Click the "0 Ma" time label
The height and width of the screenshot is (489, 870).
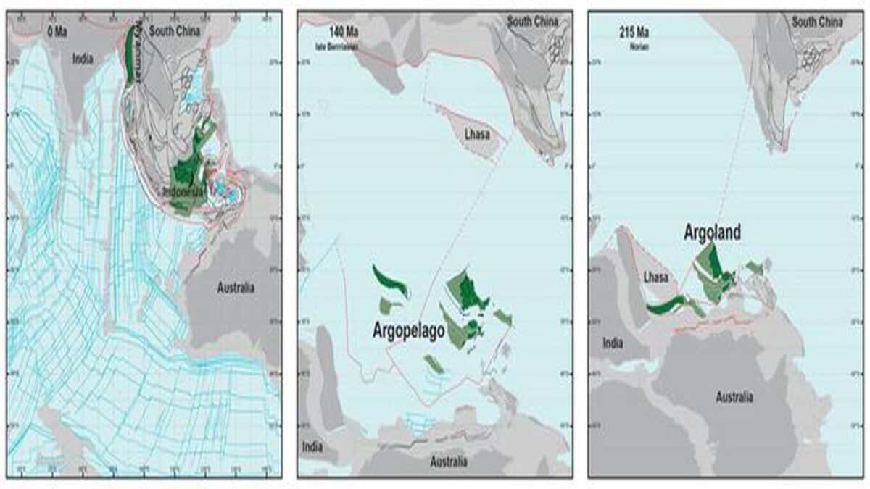(x=57, y=32)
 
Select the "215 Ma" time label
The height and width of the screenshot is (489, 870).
(x=629, y=33)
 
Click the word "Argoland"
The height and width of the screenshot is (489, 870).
(x=713, y=233)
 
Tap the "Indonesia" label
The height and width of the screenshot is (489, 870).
(x=186, y=192)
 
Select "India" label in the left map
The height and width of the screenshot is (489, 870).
(x=83, y=59)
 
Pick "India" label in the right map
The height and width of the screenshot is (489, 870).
(x=613, y=343)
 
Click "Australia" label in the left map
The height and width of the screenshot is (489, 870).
(x=236, y=288)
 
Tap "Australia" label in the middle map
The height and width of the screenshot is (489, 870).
(x=449, y=461)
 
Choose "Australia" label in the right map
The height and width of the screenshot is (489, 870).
(x=734, y=397)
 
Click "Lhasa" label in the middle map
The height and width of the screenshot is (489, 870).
(x=477, y=135)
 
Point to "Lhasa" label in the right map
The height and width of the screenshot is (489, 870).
(x=656, y=277)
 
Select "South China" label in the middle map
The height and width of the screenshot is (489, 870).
(x=533, y=22)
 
